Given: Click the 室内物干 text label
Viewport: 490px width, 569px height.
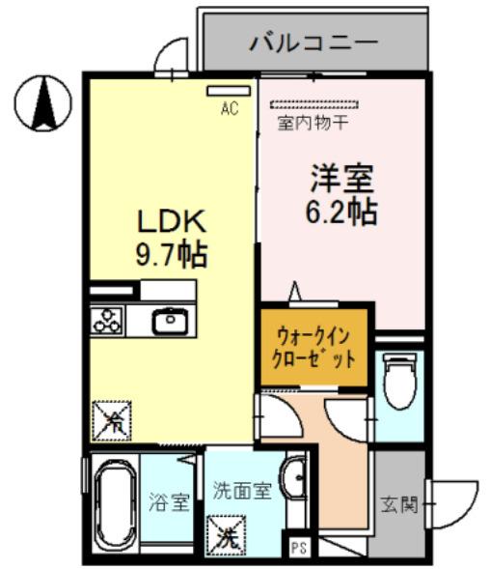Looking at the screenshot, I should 313,123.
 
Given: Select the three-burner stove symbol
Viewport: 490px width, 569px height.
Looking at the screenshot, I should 106,320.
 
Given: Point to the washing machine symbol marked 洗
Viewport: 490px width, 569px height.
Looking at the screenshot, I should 227,532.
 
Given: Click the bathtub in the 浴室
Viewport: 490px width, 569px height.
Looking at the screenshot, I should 114,505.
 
